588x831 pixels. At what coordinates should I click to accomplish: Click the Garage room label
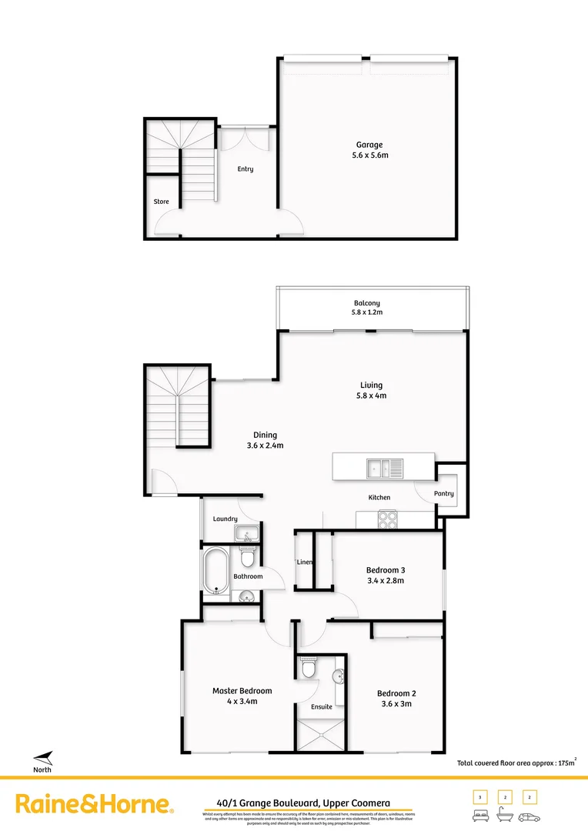(x=369, y=145)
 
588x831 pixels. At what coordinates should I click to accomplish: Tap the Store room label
(x=161, y=202)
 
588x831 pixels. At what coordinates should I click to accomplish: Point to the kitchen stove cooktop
(x=387, y=519)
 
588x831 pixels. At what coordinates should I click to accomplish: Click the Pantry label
(x=444, y=494)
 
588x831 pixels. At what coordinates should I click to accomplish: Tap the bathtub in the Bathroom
(x=216, y=572)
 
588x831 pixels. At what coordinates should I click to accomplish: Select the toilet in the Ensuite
(x=308, y=669)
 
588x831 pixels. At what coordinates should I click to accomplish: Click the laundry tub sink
(x=249, y=534)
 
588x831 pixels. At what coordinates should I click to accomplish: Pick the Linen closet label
(x=305, y=562)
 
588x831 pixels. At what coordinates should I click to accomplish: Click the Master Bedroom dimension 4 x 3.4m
(x=242, y=702)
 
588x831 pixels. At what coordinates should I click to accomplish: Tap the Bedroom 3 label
(x=385, y=570)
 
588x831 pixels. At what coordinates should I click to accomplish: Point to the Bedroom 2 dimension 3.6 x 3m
(x=396, y=703)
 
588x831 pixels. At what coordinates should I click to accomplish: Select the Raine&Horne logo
(x=95, y=805)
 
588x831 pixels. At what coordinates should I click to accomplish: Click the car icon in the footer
(x=529, y=816)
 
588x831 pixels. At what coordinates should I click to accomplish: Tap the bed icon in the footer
(x=479, y=816)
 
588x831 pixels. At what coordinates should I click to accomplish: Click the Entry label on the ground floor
(x=245, y=169)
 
